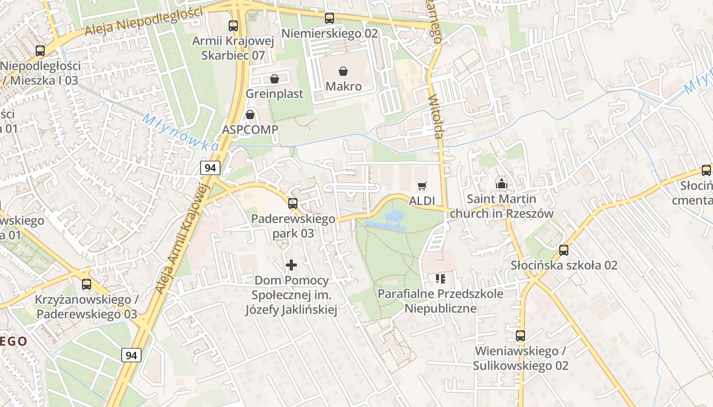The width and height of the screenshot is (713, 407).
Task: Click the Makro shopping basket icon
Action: point(344,72)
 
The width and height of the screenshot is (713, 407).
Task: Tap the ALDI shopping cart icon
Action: point(422,186)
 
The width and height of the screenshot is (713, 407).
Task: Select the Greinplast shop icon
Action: point(275,79)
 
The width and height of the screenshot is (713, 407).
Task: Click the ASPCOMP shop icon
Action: point(250,115)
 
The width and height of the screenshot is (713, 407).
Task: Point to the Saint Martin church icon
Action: point(502,184)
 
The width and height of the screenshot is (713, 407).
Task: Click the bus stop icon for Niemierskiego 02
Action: point(330,18)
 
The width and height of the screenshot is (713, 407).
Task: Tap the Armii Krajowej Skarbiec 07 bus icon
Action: point(233,25)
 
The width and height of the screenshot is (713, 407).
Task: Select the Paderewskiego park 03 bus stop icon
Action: point(293,203)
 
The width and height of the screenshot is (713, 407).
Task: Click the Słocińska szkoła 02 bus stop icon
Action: point(563,250)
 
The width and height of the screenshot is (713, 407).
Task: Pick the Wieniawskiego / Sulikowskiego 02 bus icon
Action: point(520,336)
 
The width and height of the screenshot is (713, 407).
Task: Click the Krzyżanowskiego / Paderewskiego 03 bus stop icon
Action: point(87,284)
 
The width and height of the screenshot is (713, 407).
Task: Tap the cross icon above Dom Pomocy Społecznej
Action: point(291,265)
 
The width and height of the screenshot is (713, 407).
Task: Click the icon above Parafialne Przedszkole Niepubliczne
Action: point(441,278)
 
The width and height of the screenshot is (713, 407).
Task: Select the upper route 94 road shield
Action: point(210,167)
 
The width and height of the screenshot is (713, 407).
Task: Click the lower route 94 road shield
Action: point(131,355)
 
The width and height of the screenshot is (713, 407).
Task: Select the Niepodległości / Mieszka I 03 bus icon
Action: point(40,51)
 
